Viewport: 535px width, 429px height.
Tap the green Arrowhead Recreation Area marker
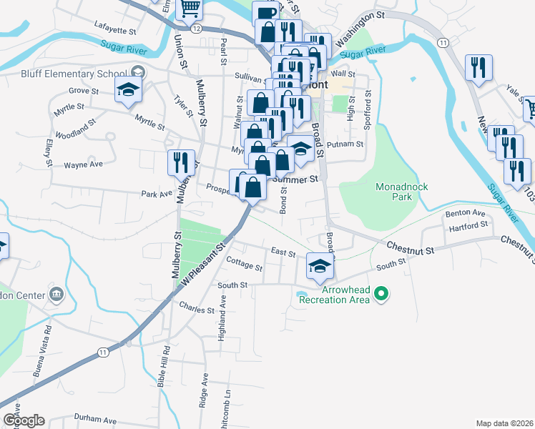click(x=381, y=293)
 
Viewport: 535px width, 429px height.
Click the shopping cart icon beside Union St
click(x=190, y=9)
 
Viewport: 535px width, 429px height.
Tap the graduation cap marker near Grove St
click(x=129, y=89)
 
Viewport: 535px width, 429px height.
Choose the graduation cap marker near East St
click(x=320, y=267)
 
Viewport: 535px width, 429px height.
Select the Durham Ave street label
click(x=94, y=419)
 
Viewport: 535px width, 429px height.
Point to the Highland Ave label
click(x=222, y=312)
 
